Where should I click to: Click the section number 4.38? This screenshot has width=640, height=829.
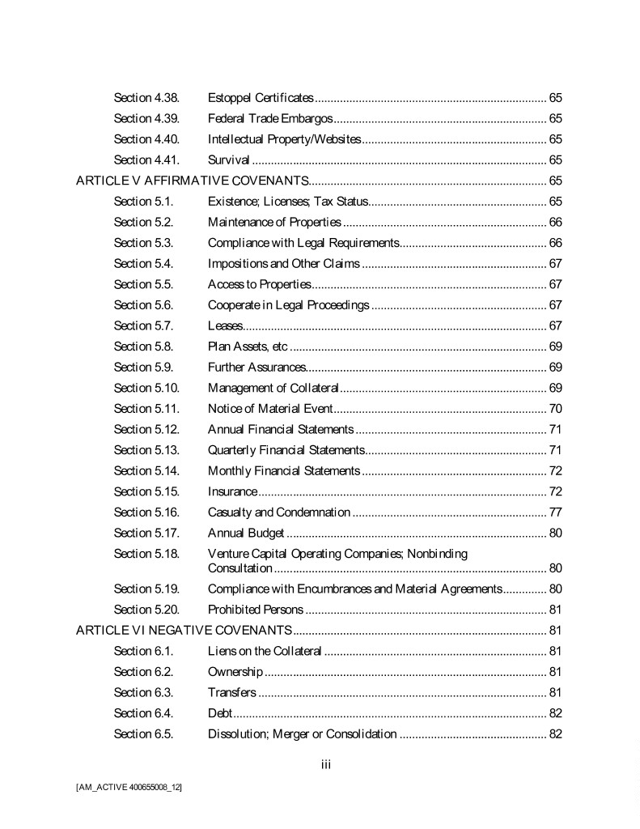coord(146,98)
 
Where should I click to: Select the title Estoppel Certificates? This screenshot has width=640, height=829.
coord(261,98)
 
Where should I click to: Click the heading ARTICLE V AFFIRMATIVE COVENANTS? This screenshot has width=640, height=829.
coord(193,181)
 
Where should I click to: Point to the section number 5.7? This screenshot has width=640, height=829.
coord(143,325)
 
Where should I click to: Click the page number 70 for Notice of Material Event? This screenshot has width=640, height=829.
coord(555,409)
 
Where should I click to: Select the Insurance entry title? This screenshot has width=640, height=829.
coord(232,491)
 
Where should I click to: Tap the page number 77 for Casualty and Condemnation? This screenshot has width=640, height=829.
coord(555,512)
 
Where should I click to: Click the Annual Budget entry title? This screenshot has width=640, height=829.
coord(246,533)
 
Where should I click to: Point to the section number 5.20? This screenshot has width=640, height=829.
coord(146,609)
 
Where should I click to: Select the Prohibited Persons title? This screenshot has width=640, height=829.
coord(256,609)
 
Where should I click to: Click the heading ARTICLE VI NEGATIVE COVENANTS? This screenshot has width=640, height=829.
coord(184,630)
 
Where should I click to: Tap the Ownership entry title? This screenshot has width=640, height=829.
coord(235,671)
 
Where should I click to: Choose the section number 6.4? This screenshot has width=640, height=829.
coord(143,713)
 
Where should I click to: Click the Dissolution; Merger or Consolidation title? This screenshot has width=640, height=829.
coord(302,734)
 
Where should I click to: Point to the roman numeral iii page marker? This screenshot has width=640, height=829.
coord(326,764)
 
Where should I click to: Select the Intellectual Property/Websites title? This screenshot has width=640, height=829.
coord(284,139)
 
